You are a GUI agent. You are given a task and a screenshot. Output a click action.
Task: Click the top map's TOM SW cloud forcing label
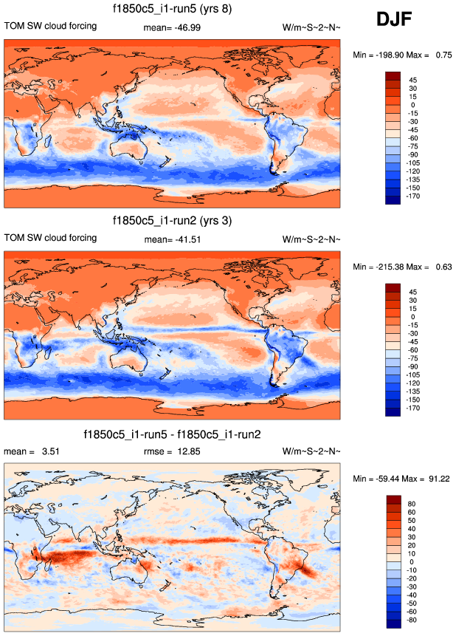(51, 27)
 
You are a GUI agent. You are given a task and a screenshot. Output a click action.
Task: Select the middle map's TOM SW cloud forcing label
(51, 238)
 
